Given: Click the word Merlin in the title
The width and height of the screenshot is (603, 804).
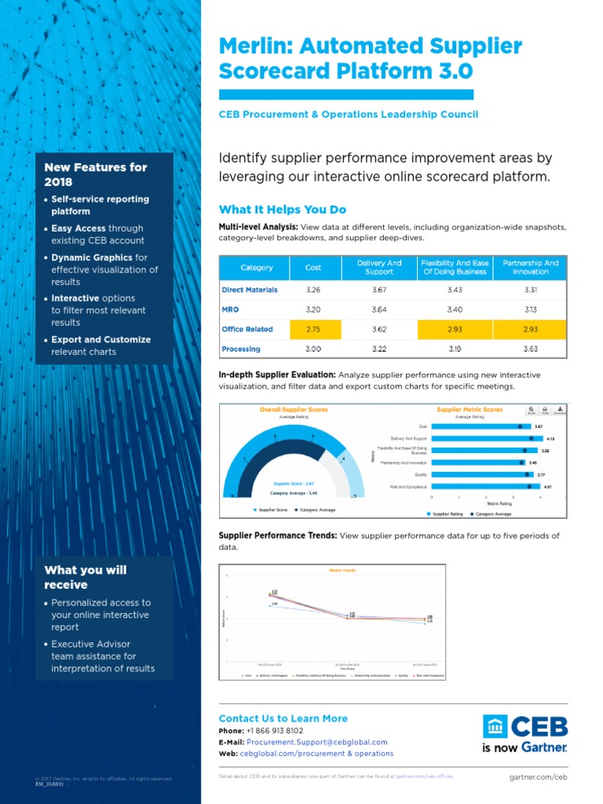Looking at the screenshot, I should click(250, 47).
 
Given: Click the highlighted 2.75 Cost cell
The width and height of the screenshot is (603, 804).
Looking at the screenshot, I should click(312, 329).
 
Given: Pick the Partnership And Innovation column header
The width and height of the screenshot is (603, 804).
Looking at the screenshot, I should click(530, 267).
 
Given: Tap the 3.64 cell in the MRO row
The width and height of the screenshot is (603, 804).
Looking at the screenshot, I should click(379, 309).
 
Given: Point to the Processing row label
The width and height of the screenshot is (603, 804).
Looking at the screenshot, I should click(241, 349).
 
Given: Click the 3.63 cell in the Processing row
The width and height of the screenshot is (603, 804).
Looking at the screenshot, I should click(530, 349).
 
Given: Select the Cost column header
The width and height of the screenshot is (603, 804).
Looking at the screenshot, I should click(312, 268).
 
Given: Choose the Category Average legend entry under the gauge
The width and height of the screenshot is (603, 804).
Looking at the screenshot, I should click(316, 510).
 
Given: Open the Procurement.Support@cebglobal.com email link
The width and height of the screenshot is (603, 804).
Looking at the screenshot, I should click(316, 742).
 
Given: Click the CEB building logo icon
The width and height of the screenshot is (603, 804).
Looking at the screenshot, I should click(495, 726).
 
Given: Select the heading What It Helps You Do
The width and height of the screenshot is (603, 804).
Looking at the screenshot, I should click(282, 210).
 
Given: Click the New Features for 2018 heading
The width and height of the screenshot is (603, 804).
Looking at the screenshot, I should click(95, 174).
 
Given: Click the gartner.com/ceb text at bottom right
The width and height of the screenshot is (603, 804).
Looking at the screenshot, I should click(538, 777).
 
